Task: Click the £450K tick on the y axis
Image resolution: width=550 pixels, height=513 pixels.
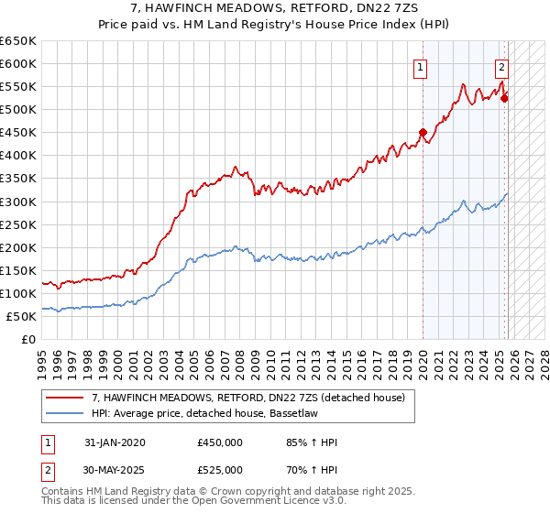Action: coord(18,133)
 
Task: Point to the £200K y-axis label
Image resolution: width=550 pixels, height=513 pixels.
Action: coord(18,247)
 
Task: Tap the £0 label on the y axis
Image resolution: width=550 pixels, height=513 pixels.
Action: coord(27,339)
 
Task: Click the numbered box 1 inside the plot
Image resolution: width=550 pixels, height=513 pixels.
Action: coord(420,66)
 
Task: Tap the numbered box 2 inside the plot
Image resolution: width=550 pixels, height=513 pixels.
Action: coord(502,66)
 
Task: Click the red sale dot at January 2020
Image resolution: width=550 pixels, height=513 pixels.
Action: coord(423,132)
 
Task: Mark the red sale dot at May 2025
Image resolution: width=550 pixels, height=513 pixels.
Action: coord(504,98)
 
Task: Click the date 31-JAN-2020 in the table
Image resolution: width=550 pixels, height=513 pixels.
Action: coord(115,442)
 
